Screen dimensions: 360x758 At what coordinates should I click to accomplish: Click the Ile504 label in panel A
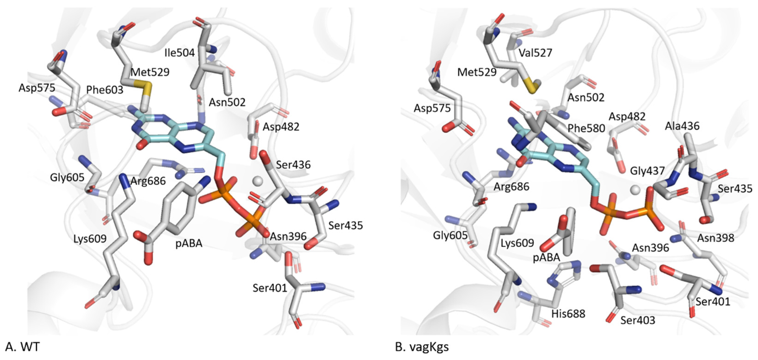[179, 53]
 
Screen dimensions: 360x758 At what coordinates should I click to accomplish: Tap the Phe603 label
[105, 90]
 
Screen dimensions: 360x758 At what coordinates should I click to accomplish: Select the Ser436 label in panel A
[293, 165]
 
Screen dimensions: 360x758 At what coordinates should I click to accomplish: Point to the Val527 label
[535, 53]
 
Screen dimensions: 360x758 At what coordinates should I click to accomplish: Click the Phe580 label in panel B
[586, 128]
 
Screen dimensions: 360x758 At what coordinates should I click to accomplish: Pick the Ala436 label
[682, 126]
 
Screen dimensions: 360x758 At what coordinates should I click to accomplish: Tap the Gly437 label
[647, 171]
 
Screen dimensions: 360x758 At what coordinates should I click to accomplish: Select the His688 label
[568, 314]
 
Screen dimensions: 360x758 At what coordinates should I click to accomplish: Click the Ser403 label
[638, 320]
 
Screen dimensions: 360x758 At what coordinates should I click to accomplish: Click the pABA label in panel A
[189, 244]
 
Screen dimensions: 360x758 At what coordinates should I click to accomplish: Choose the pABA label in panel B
[546, 258]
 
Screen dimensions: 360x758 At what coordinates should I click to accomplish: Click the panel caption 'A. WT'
[22, 347]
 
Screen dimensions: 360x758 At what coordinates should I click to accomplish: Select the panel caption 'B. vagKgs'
[422, 347]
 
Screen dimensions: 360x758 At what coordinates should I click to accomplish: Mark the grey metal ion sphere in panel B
[635, 190]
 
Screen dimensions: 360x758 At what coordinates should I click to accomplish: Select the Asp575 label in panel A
[37, 88]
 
